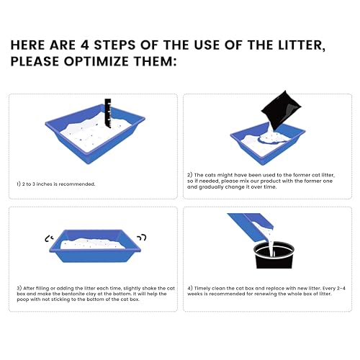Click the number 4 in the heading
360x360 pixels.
point(85,45)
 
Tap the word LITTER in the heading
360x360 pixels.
point(302,45)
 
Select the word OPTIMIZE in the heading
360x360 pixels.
point(96,61)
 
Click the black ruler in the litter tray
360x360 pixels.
point(108,113)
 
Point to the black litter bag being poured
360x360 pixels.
point(281,111)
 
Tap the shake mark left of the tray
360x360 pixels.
point(49,238)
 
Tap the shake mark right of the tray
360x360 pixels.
point(142,237)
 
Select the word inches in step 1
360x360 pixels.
point(44,184)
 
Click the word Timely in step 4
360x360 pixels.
point(202,288)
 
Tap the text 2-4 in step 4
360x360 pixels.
point(341,288)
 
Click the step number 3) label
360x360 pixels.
point(19,288)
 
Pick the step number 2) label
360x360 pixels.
point(190,175)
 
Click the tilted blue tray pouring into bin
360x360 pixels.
point(251,226)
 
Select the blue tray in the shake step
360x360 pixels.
point(95,246)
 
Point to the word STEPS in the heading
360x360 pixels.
point(114,45)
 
